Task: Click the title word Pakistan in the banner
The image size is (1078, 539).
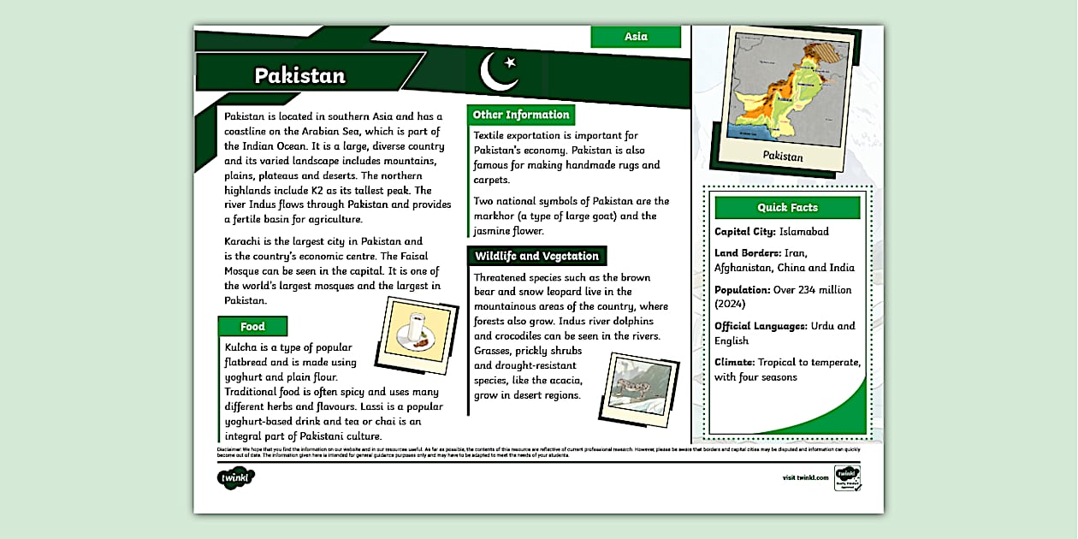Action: click(299, 75)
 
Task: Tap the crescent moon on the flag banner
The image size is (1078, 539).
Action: click(495, 73)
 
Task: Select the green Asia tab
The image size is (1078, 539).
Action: click(636, 37)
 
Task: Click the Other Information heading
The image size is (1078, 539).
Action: click(520, 115)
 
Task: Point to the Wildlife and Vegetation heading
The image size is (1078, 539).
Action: click(536, 256)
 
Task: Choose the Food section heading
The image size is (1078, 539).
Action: click(252, 326)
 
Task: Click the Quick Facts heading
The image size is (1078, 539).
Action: click(787, 207)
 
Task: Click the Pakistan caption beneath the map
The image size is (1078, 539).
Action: click(783, 157)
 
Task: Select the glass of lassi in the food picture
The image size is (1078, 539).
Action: click(417, 329)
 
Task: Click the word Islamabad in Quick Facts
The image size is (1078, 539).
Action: click(803, 231)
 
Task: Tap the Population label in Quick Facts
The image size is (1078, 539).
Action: click(743, 290)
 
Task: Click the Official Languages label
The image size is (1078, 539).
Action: click(761, 326)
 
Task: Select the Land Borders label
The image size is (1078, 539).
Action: click(748, 252)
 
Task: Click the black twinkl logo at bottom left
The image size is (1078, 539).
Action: click(236, 477)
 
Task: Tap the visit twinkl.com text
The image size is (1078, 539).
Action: click(805, 477)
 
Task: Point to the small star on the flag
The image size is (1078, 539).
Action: click(511, 62)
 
